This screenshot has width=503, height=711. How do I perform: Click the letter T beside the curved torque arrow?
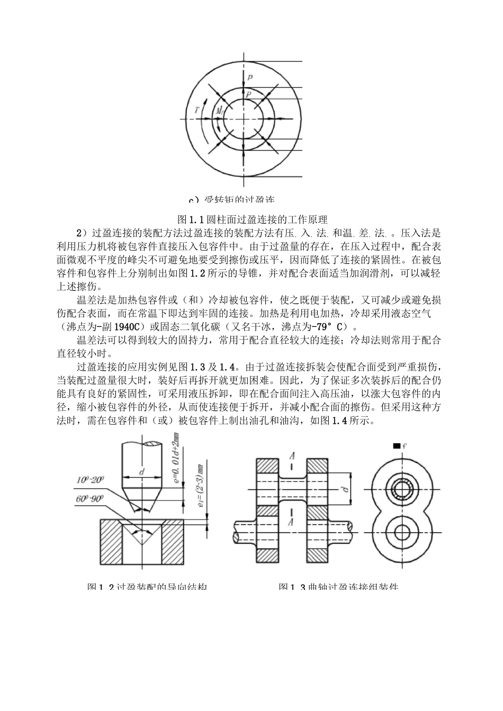(196, 110)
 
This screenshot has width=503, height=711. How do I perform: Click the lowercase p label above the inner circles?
(250, 77)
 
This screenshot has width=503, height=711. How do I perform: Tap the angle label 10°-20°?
(91, 479)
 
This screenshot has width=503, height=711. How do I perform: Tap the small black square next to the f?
(396, 446)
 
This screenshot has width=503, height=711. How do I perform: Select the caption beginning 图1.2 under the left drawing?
(147, 587)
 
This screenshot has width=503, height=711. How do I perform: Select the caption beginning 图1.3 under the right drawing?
(338, 587)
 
